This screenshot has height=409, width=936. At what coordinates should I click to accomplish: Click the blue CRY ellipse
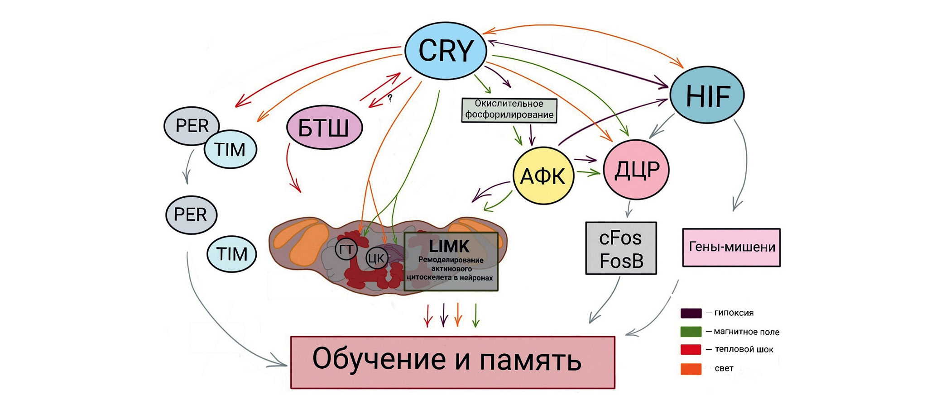pyautogui.click(x=446, y=51)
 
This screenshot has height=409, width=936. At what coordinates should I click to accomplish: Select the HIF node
pyautogui.click(x=707, y=95)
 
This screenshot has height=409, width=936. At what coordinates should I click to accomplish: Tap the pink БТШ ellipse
pyautogui.click(x=324, y=128)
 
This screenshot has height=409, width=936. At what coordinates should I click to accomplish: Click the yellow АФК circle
pyautogui.click(x=543, y=176)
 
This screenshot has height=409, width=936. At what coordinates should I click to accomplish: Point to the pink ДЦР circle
pyautogui.click(x=636, y=170)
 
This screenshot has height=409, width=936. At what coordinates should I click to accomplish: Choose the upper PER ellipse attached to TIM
pyautogui.click(x=192, y=126)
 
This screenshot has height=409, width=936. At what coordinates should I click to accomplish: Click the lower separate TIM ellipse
pyautogui.click(x=232, y=254)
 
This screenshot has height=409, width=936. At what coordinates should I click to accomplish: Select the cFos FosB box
pyautogui.click(x=621, y=248)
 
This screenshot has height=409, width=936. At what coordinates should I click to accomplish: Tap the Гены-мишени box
pyautogui.click(x=731, y=247)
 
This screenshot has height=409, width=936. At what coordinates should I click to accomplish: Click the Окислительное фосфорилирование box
pyautogui.click(x=509, y=109)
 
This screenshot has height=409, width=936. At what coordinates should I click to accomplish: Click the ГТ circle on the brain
pyautogui.click(x=346, y=249)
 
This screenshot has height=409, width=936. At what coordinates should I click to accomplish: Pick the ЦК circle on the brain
pyautogui.click(x=376, y=258)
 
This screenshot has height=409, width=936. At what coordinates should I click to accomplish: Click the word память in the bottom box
pyautogui.click(x=530, y=360)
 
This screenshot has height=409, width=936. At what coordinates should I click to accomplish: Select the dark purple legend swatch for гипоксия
pyautogui.click(x=691, y=313)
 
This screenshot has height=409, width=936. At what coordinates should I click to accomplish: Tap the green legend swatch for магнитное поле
pyautogui.click(x=691, y=332)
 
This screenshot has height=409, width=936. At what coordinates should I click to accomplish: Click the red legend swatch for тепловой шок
pyautogui.click(x=691, y=350)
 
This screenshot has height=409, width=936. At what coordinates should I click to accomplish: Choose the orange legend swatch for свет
pyautogui.click(x=691, y=369)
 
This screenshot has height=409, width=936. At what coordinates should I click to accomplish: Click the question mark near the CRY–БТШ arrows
pyautogui.click(x=389, y=98)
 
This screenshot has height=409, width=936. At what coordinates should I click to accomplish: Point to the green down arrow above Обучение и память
pyautogui.click(x=475, y=315)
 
